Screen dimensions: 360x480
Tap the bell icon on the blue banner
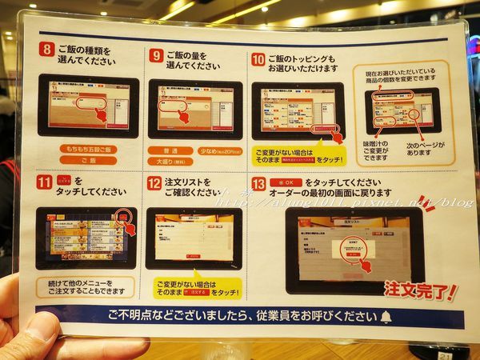point(388,316)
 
